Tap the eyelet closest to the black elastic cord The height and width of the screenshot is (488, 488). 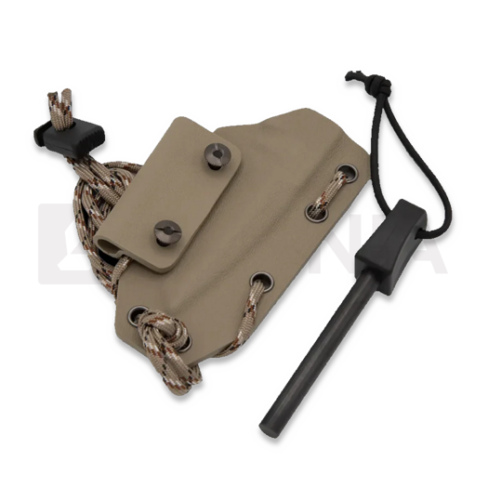347,173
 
